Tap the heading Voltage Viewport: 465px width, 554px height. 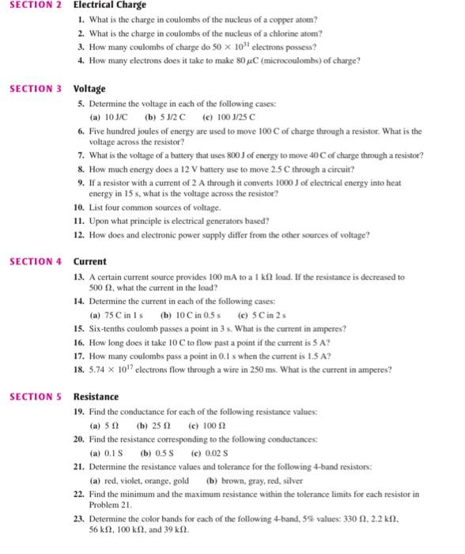(x=89, y=88)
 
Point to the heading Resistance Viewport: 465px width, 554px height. (x=97, y=396)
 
